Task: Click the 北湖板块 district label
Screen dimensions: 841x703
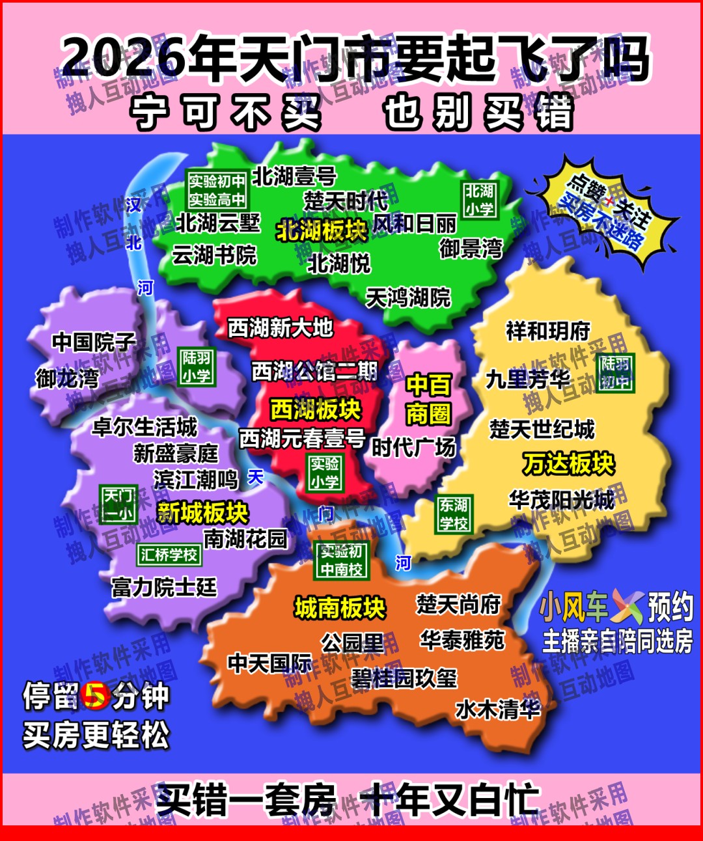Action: pyautogui.click(x=322, y=230)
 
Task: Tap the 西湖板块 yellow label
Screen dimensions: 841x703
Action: pyautogui.click(x=316, y=409)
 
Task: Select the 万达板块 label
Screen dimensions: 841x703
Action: pyautogui.click(x=569, y=463)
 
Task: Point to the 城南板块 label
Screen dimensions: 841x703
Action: pyautogui.click(x=340, y=607)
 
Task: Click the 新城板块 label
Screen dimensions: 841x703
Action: pyautogui.click(x=203, y=512)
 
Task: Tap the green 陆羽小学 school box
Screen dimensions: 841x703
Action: pyautogui.click(x=196, y=366)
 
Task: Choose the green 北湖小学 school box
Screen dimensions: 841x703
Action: pyautogui.click(x=479, y=200)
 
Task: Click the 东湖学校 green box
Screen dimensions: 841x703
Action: pyautogui.click(x=454, y=514)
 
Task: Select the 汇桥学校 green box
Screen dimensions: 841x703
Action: pyautogui.click(x=169, y=555)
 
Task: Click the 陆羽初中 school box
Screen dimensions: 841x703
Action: pyautogui.click(x=615, y=372)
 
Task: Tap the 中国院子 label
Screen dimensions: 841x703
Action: pyautogui.click(x=94, y=342)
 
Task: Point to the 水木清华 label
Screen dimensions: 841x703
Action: pyautogui.click(x=498, y=709)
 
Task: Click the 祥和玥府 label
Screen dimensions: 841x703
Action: pyautogui.click(x=547, y=331)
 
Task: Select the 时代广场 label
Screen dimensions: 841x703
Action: pyautogui.click(x=414, y=447)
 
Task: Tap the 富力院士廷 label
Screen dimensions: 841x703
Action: pyautogui.click(x=163, y=587)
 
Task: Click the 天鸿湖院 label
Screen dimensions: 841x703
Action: pyautogui.click(x=408, y=298)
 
